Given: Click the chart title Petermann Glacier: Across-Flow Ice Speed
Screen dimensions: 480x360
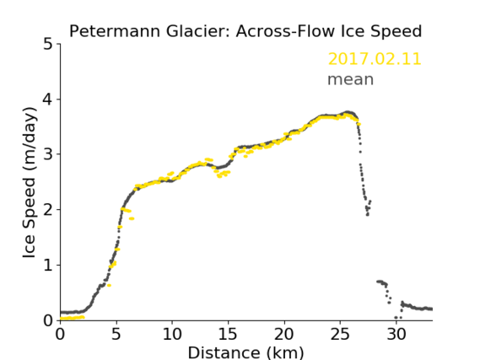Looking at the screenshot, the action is click(x=245, y=31).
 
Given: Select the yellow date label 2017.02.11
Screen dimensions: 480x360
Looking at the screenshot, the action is click(x=375, y=59).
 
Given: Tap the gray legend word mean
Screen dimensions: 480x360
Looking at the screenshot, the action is click(x=351, y=79).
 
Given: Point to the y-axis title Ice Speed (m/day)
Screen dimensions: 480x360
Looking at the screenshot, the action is click(x=30, y=183).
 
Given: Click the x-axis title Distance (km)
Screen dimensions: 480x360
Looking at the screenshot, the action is click(x=245, y=352).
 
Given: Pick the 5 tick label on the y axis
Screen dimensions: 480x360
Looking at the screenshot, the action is click(x=48, y=45).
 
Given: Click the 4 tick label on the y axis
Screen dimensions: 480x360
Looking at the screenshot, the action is click(x=48, y=99).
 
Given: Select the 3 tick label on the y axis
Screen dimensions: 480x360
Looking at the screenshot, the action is click(x=48, y=154).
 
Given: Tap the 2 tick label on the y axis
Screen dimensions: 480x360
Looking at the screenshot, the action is click(x=48, y=210).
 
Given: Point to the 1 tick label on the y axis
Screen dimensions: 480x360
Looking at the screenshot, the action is click(x=48, y=266).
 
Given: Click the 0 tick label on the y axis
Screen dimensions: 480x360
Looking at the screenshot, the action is click(x=48, y=320).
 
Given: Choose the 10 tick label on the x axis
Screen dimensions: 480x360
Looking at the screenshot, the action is click(x=172, y=334).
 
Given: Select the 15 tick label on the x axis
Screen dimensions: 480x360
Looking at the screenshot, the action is click(x=228, y=334).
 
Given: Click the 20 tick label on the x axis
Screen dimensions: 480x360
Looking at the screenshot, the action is click(x=284, y=334).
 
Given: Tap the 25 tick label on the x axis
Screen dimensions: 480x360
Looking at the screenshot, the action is click(x=340, y=334).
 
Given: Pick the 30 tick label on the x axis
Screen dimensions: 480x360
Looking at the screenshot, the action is click(x=396, y=334).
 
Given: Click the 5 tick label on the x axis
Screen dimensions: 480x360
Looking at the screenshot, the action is click(x=116, y=334).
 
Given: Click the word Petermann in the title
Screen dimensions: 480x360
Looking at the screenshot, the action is click(x=115, y=31).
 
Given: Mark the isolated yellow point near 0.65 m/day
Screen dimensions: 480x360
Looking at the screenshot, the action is click(x=109, y=285).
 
